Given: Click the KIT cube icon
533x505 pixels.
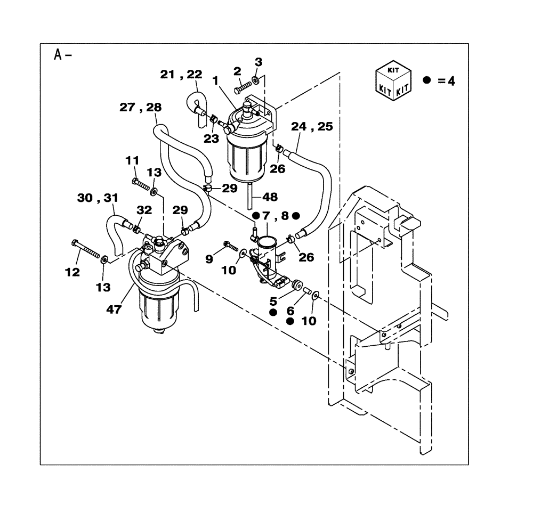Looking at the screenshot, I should pos(393,79).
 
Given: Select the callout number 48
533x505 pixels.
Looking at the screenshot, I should pos(270,197).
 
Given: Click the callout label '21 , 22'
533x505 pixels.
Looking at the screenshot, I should pos(182,76).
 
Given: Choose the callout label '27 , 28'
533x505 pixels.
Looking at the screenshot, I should pos(140,108).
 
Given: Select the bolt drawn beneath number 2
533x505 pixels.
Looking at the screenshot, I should pos(243,84).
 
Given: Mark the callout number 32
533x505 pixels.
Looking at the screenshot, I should pos(144,211).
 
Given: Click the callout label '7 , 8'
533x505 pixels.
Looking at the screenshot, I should pos(276,216).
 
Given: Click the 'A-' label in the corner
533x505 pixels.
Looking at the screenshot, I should pos(63,54).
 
